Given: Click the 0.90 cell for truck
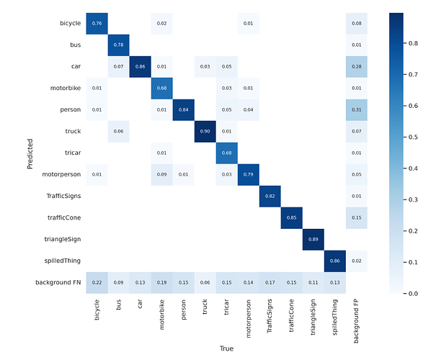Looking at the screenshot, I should (x=205, y=132).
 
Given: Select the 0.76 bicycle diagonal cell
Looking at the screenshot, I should (x=97, y=24).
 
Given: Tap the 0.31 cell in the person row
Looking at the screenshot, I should (x=357, y=110).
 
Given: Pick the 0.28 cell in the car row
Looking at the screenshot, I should (x=357, y=67).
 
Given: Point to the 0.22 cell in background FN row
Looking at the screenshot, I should (x=97, y=282).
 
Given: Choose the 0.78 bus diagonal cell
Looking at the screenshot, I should (x=119, y=45).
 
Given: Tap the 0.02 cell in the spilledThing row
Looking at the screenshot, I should (x=357, y=261).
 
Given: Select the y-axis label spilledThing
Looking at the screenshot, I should (x=61, y=261).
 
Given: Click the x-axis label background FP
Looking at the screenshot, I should (x=357, y=320).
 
